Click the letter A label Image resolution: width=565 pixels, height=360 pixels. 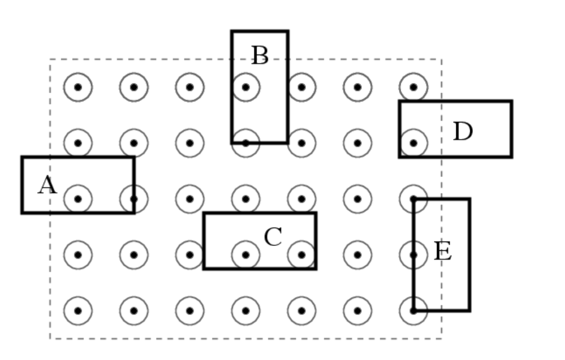[x=47, y=185]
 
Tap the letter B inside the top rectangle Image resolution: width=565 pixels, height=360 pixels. [x=259, y=56]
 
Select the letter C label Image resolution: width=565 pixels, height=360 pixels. [x=273, y=237]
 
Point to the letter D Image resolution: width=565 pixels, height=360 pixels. [x=462, y=132]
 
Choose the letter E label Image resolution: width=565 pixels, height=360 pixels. [x=443, y=251]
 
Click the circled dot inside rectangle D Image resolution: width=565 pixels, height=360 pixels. [x=413, y=143]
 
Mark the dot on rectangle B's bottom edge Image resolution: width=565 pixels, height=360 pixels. [x=246, y=143]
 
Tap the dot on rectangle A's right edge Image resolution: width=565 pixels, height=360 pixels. [x=134, y=199]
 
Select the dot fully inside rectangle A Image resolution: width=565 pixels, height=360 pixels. [x=78, y=199]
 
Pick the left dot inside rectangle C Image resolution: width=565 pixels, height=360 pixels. [x=246, y=255]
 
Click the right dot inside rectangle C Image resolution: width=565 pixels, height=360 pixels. [x=301, y=255]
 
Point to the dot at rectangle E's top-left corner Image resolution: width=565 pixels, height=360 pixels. [x=413, y=199]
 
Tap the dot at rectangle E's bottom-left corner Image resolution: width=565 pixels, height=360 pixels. [x=413, y=311]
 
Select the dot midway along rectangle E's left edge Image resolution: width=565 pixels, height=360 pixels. [x=413, y=255]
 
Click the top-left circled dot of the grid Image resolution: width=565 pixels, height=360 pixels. [x=78, y=87]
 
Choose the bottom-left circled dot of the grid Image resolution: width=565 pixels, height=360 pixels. [x=78, y=311]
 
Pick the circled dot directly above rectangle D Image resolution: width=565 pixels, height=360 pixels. [x=413, y=87]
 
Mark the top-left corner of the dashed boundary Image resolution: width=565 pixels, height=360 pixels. [x=50, y=59]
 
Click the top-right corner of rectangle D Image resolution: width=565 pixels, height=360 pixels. [x=511, y=101]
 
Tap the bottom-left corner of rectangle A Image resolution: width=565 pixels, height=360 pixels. [x=22, y=212]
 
